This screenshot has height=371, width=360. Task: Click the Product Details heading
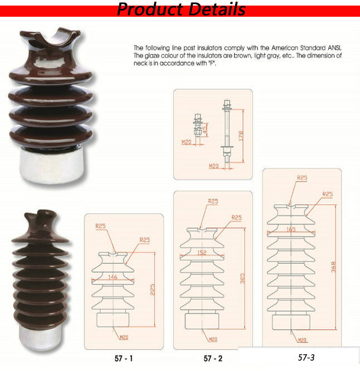(x=181, y=9)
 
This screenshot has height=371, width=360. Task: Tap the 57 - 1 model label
(x=123, y=359)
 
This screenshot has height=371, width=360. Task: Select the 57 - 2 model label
(x=213, y=359)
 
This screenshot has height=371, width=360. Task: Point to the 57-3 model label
(x=306, y=357)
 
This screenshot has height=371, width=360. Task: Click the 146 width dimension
(x=113, y=277)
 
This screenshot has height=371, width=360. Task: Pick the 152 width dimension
(x=202, y=253)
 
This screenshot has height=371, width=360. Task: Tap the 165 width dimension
(x=291, y=229)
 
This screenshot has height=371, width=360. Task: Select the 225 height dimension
(x=153, y=289)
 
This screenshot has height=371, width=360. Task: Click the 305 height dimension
(x=242, y=278)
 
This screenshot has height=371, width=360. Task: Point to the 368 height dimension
(x=333, y=267)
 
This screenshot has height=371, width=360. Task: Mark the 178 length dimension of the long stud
(x=241, y=136)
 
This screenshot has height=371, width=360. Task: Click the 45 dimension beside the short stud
(x=205, y=128)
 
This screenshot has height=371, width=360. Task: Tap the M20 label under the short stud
(x=186, y=142)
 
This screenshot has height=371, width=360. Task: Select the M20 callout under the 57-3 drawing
(x=302, y=340)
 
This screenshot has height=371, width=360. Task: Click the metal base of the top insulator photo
(x=51, y=166)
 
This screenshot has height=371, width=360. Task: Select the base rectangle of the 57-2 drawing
(x=202, y=321)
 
